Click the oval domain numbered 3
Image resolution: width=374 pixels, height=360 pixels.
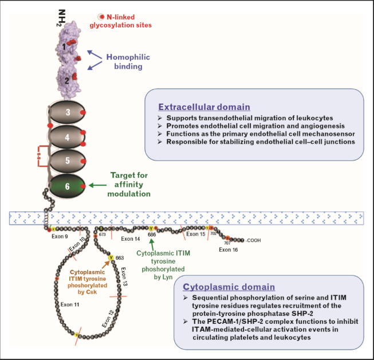click(68, 112)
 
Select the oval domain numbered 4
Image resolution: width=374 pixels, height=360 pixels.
click(68, 138)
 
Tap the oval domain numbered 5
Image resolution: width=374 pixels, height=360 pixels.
click(68, 162)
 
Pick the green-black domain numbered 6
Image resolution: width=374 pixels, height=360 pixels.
click(68, 186)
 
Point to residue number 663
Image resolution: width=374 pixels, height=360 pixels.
click(120, 258)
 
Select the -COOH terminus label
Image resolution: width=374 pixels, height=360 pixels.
click(255, 240)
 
